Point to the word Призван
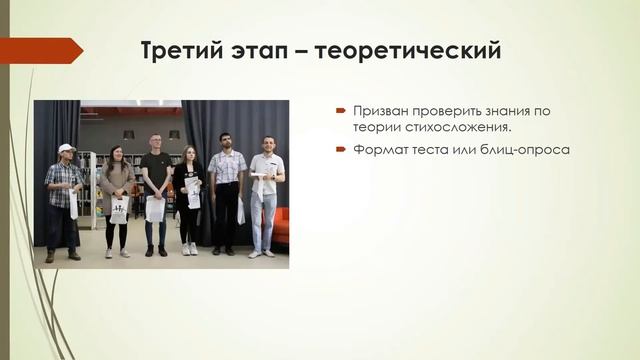[377, 111]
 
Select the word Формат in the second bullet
[378, 149]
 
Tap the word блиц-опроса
[529, 149]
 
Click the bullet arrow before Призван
[341, 111]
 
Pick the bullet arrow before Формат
[341, 149]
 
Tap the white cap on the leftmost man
[66, 148]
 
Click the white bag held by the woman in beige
[119, 209]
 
